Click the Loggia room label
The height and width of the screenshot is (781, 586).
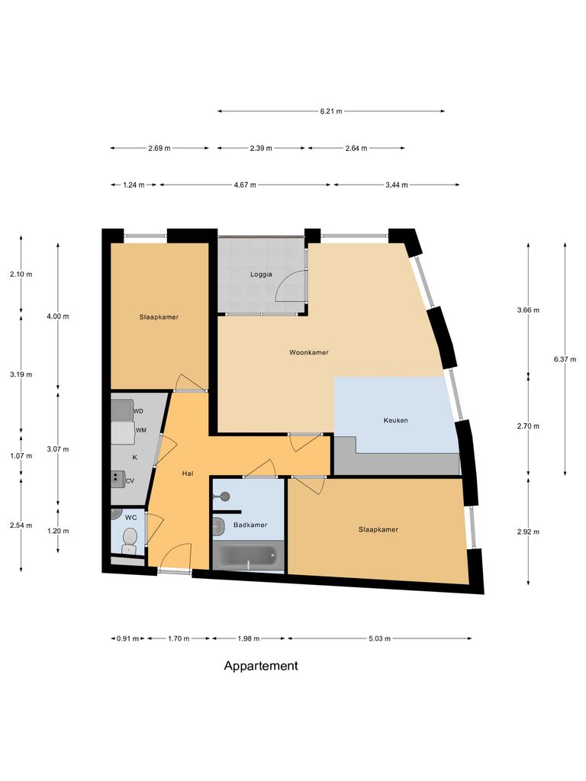pyautogui.click(x=261, y=275)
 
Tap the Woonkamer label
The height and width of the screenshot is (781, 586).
pyautogui.click(x=309, y=352)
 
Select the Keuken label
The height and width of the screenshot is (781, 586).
pyautogui.click(x=395, y=420)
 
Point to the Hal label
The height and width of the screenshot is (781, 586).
pyautogui.click(x=188, y=474)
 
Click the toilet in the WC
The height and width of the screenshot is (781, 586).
pyautogui.click(x=130, y=540)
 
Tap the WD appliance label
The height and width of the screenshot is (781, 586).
pyautogui.click(x=139, y=411)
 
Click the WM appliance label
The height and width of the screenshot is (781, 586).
pyautogui.click(x=140, y=431)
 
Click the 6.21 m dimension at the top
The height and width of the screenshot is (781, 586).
pyautogui.click(x=331, y=111)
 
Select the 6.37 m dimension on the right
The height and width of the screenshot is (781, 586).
pyautogui.click(x=565, y=358)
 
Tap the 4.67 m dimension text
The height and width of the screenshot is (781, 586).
pyautogui.click(x=245, y=185)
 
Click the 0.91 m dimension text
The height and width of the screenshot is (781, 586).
pyautogui.click(x=127, y=638)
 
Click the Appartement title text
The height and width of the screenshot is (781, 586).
pyautogui.click(x=261, y=666)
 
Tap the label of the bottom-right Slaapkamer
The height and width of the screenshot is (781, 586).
pyautogui.click(x=378, y=529)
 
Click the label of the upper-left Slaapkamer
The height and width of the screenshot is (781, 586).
pyautogui.click(x=159, y=317)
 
